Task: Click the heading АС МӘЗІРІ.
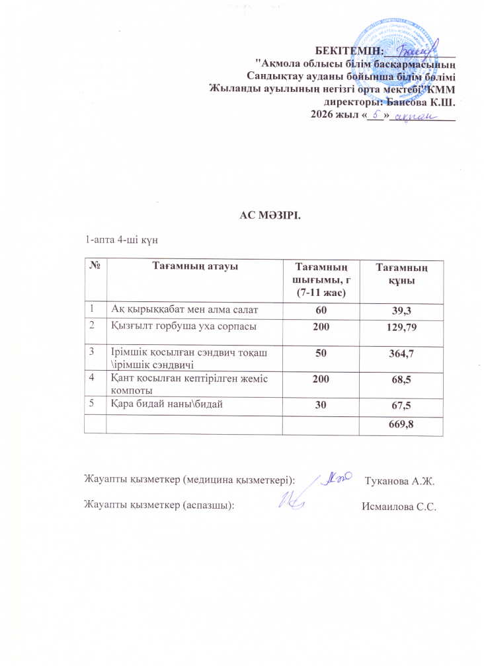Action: click(x=265, y=214)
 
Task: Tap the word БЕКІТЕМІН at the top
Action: click(x=348, y=50)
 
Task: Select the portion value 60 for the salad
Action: click(x=321, y=309)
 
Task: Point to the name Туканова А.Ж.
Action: click(x=399, y=480)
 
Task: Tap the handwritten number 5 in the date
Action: click(x=375, y=115)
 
